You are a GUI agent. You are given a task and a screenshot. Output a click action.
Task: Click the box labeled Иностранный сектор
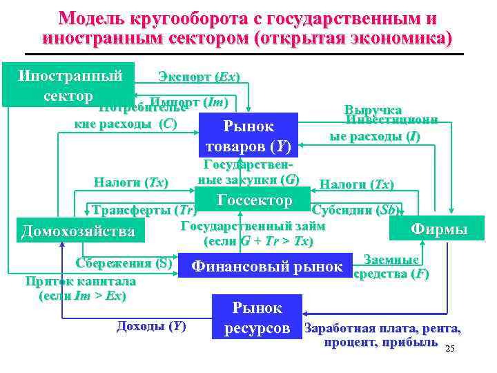[69, 84]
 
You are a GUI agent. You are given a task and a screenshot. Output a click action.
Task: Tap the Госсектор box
[253, 201]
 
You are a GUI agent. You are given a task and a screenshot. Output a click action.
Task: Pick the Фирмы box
[439, 229]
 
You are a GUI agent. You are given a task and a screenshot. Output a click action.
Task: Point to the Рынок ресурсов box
[257, 317]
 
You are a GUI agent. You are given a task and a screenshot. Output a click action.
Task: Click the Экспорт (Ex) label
[199, 76]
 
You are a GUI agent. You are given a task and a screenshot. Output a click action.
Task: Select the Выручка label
[372, 110]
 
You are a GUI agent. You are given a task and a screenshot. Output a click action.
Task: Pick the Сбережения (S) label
[133, 262]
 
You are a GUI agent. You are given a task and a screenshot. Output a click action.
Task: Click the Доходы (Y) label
[151, 326]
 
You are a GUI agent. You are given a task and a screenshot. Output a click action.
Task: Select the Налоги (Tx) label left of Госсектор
[130, 182]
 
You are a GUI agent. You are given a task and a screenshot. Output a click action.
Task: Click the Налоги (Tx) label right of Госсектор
[357, 184]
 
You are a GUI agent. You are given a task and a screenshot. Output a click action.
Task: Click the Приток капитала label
[80, 281]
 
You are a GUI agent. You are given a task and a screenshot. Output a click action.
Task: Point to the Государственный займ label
[253, 225]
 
